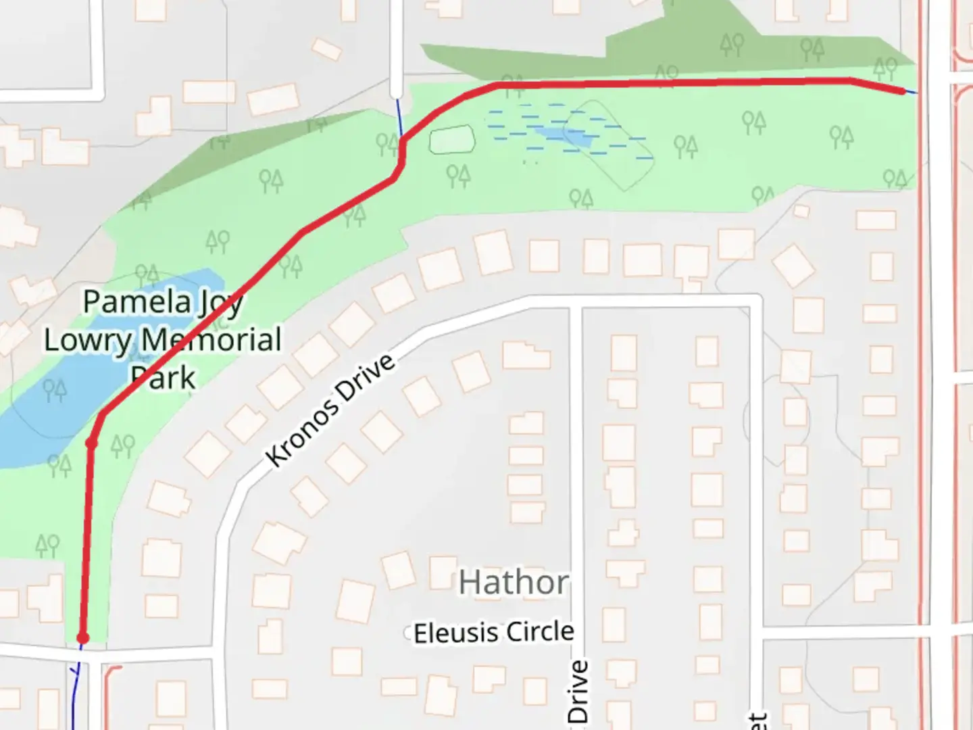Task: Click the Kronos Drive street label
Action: click(330, 410)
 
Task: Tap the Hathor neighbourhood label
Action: click(514, 582)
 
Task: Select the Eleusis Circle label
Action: click(494, 633)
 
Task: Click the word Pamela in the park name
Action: click(136, 301)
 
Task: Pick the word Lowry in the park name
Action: click(88, 341)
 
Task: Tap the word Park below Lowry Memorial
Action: click(163, 377)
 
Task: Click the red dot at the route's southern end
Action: click(82, 638)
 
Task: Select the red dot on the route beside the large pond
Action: click(91, 443)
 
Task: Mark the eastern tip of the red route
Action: click(903, 91)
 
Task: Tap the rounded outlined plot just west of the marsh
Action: click(451, 140)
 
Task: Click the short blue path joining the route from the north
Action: click(399, 119)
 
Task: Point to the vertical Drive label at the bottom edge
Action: click(578, 692)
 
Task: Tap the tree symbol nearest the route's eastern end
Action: click(884, 68)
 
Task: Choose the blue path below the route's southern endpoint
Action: click(75, 689)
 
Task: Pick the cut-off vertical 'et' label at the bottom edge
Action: click(757, 721)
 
